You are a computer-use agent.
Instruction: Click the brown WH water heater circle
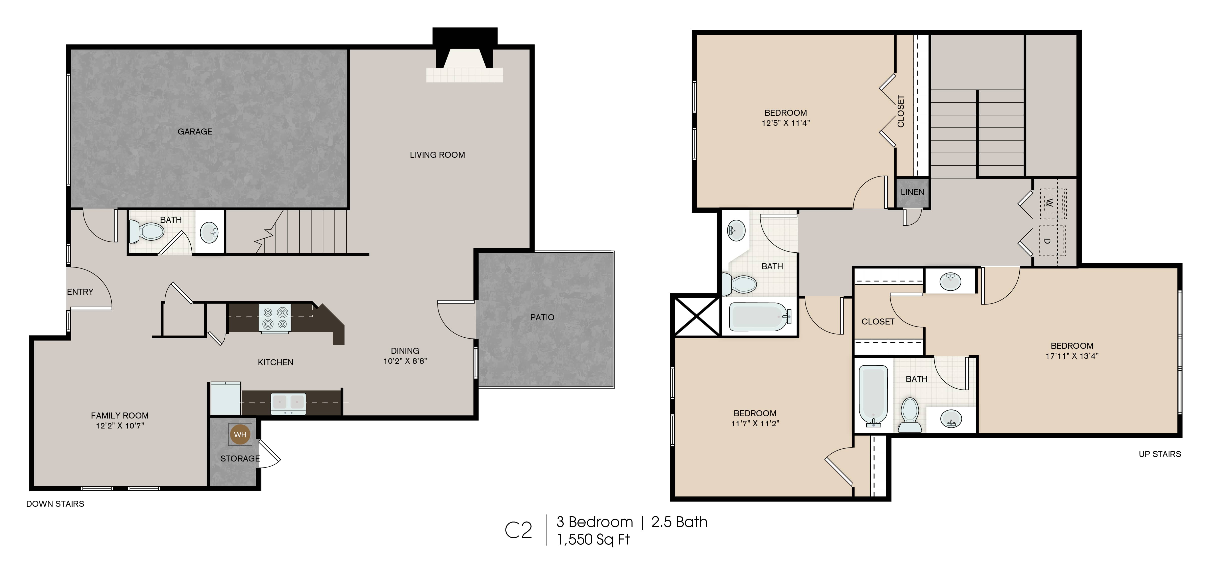click(240, 434)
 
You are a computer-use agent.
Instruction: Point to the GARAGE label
click(195, 132)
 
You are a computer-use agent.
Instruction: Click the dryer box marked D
click(1053, 241)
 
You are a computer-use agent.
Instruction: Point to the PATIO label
click(542, 317)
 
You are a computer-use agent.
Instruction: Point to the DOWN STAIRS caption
click(55, 504)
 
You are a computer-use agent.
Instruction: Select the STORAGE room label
click(240, 458)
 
